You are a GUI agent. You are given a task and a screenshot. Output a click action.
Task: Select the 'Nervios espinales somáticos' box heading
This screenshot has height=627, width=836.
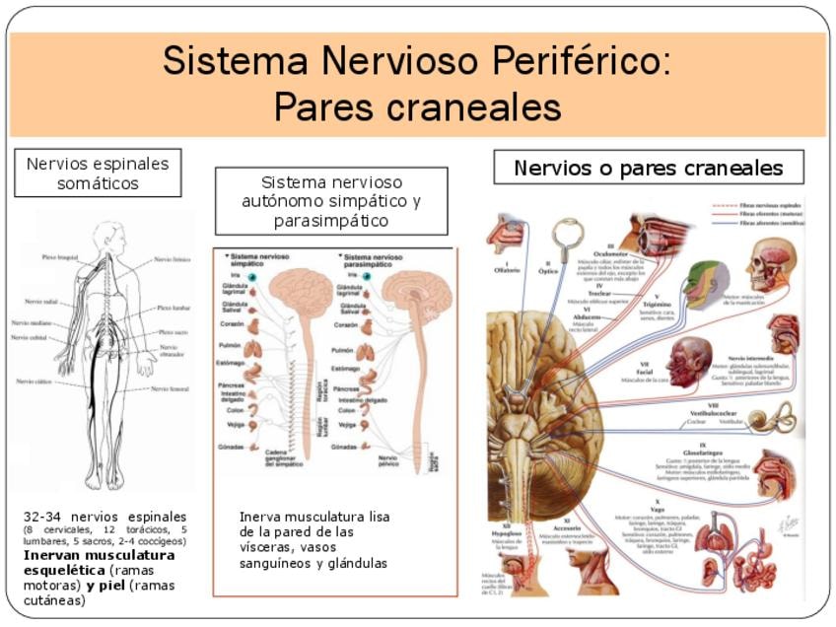98,174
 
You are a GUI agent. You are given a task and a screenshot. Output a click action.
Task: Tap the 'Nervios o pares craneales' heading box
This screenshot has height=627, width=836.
648,168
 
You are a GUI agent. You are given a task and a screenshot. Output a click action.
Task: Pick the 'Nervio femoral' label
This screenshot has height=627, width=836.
169,388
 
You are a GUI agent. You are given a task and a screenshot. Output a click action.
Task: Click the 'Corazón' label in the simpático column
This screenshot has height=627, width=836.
234,323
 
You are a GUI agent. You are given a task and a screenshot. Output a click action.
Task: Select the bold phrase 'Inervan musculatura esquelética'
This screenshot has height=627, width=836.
99,562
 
